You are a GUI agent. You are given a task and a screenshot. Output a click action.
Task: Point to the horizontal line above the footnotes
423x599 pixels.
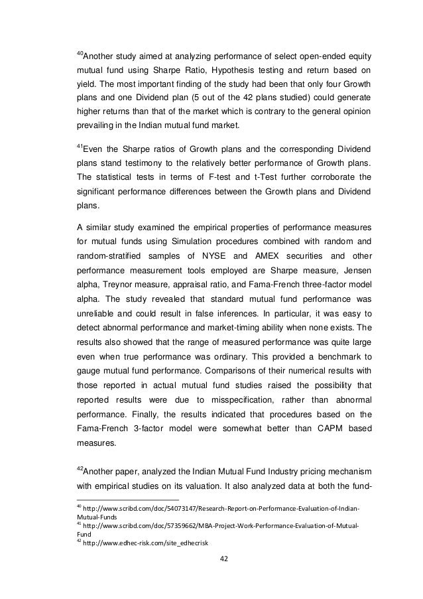125,500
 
